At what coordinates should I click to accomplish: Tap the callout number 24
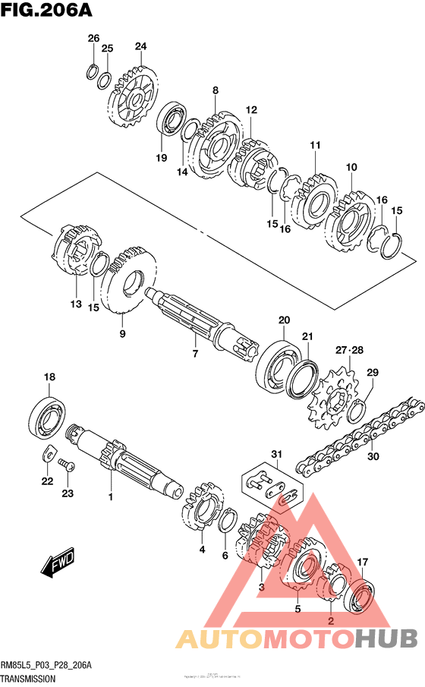[140, 46]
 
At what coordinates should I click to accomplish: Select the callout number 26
[93, 39]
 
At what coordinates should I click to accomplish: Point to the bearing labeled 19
[172, 121]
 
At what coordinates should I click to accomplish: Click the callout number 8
[216, 90]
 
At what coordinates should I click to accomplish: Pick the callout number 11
[315, 145]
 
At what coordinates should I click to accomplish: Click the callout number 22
[47, 481]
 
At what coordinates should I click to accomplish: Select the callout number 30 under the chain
[372, 457]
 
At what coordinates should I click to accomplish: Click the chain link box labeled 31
[270, 490]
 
